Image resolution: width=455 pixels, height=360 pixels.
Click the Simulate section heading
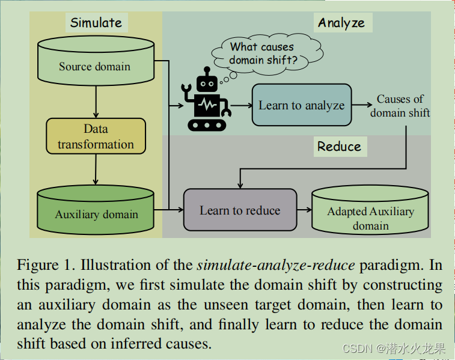tap(96, 23)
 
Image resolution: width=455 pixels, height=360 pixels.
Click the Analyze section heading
tap(341, 23)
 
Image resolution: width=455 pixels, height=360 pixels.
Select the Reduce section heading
tap(339, 147)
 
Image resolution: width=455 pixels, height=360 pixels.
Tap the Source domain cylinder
tap(95, 63)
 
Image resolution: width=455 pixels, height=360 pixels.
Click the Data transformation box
tap(96, 136)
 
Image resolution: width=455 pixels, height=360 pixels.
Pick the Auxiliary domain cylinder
tap(96, 210)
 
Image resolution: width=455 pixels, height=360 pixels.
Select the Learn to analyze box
tap(301, 105)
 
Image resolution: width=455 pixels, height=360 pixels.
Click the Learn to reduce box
tap(240, 210)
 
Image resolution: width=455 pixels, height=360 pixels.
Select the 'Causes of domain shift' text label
tap(400, 105)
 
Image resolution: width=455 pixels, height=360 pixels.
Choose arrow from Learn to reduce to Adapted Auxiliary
tap(304, 210)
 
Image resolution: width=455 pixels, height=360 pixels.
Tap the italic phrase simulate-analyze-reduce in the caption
tap(255, 265)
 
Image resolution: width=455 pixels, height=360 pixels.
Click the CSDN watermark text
tap(394, 348)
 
